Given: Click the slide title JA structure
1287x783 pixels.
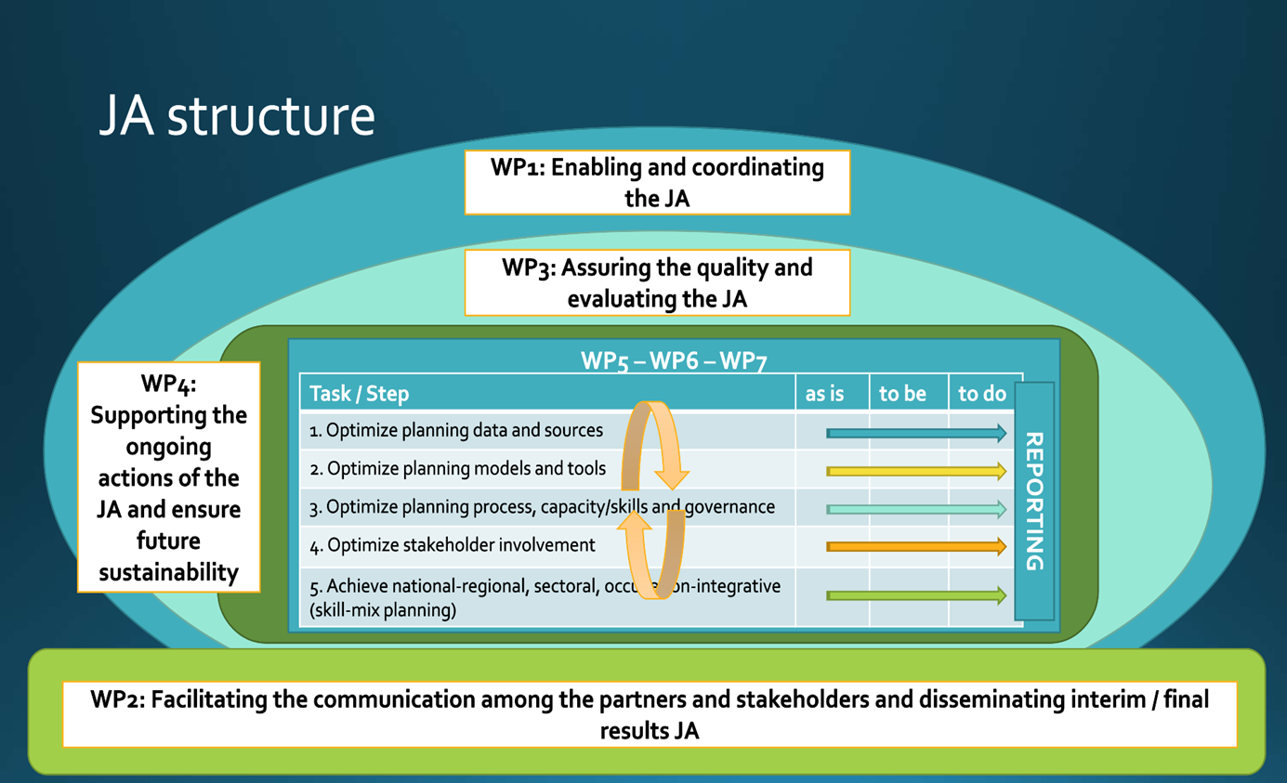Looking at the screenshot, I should coord(237,117).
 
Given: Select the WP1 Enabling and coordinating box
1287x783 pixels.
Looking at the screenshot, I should coord(657,182).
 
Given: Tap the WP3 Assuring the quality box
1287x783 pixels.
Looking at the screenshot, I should coord(657,282).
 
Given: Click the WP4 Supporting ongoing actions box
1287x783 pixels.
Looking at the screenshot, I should coord(169,477).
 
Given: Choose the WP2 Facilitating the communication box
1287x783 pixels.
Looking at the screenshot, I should coord(650,714).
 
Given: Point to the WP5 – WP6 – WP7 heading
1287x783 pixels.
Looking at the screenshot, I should coord(674,360).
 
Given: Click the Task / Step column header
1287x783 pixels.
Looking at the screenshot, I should coord(359,394).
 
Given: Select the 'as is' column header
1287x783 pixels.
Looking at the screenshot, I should coord(824,394).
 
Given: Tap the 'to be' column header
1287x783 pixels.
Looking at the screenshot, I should coord(902,394).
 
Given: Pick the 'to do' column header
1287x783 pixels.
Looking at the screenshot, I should coord(982,394).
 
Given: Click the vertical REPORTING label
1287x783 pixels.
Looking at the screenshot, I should coord(1033,502).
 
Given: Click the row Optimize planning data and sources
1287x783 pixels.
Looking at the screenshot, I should coord(456,431).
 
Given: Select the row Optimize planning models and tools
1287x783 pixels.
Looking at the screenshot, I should coord(458,469).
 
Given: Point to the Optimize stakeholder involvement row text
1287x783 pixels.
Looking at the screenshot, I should coord(453,546).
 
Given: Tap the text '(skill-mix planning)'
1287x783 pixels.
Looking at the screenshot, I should coord(383,610).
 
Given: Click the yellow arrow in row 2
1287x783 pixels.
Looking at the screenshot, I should coord(915,472).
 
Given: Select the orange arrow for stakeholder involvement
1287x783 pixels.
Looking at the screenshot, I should coord(915,547).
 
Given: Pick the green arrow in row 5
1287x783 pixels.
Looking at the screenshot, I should coord(915,595).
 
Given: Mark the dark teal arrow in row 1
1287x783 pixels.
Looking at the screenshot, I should coord(915,433).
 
